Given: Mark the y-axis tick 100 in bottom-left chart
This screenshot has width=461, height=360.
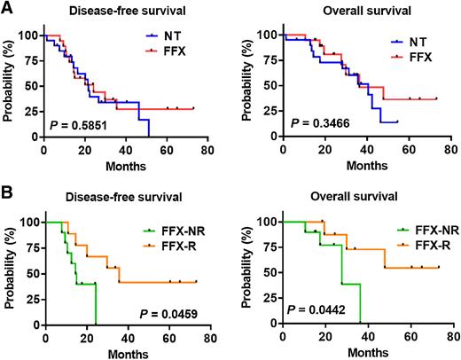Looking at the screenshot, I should point(30,222).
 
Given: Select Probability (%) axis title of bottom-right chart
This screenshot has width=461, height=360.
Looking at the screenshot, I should point(249,267).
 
